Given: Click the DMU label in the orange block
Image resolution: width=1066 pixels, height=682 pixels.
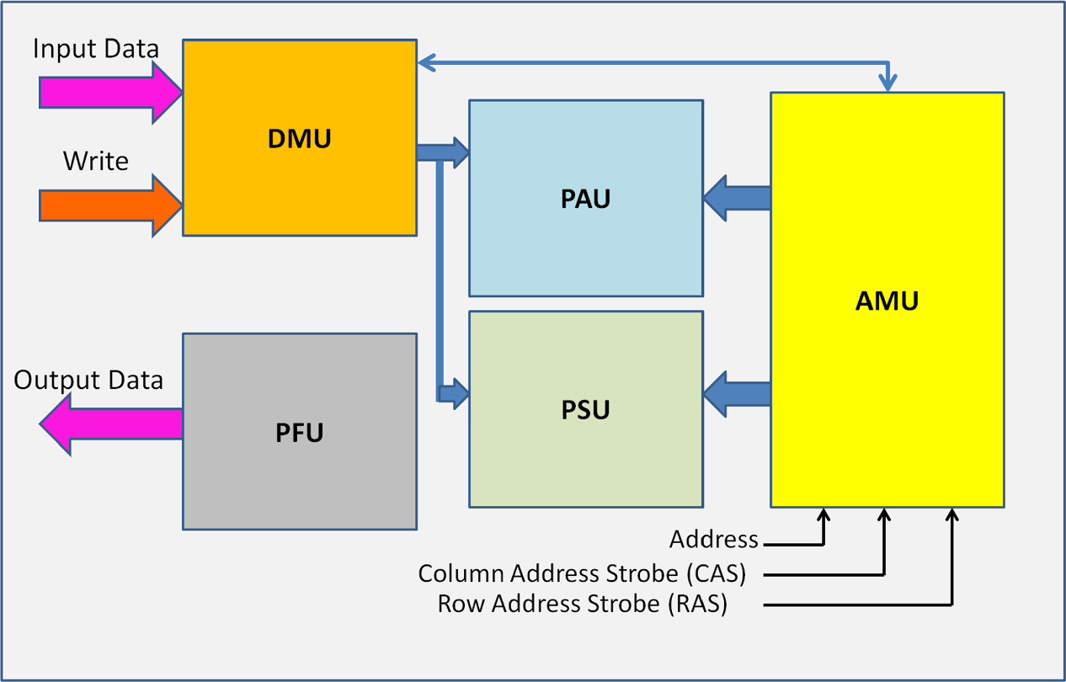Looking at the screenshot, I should (299, 138).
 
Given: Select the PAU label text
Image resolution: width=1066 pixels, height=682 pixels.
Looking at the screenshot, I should (585, 200).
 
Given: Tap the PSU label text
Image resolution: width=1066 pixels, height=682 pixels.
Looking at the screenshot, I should (585, 410).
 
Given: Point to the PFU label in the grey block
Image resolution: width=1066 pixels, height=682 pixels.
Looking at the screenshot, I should (299, 433).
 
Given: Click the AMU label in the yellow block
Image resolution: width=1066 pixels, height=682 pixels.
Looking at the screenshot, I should (887, 301).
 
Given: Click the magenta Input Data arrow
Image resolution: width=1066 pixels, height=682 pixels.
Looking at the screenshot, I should (109, 91).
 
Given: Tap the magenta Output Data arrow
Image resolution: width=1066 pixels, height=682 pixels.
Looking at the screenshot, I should (109, 423).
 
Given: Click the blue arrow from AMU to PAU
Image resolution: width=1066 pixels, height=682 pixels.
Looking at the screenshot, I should (737, 199).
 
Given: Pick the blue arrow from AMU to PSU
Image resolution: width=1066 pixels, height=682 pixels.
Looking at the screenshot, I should (737, 394).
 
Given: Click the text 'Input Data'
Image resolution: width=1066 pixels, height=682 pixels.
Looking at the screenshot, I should (95, 49).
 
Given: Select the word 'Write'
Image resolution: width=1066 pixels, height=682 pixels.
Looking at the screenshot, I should (95, 161).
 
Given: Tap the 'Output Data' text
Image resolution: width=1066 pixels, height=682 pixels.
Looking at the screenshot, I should (88, 381).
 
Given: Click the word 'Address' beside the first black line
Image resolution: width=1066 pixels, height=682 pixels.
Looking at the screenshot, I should (713, 540).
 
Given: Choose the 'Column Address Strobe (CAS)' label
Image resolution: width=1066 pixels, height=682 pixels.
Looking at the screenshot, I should (582, 574).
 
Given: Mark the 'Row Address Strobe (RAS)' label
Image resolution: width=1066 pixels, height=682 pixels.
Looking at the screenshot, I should (582, 605).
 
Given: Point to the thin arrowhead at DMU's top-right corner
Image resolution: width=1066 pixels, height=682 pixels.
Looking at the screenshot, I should (426, 61).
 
